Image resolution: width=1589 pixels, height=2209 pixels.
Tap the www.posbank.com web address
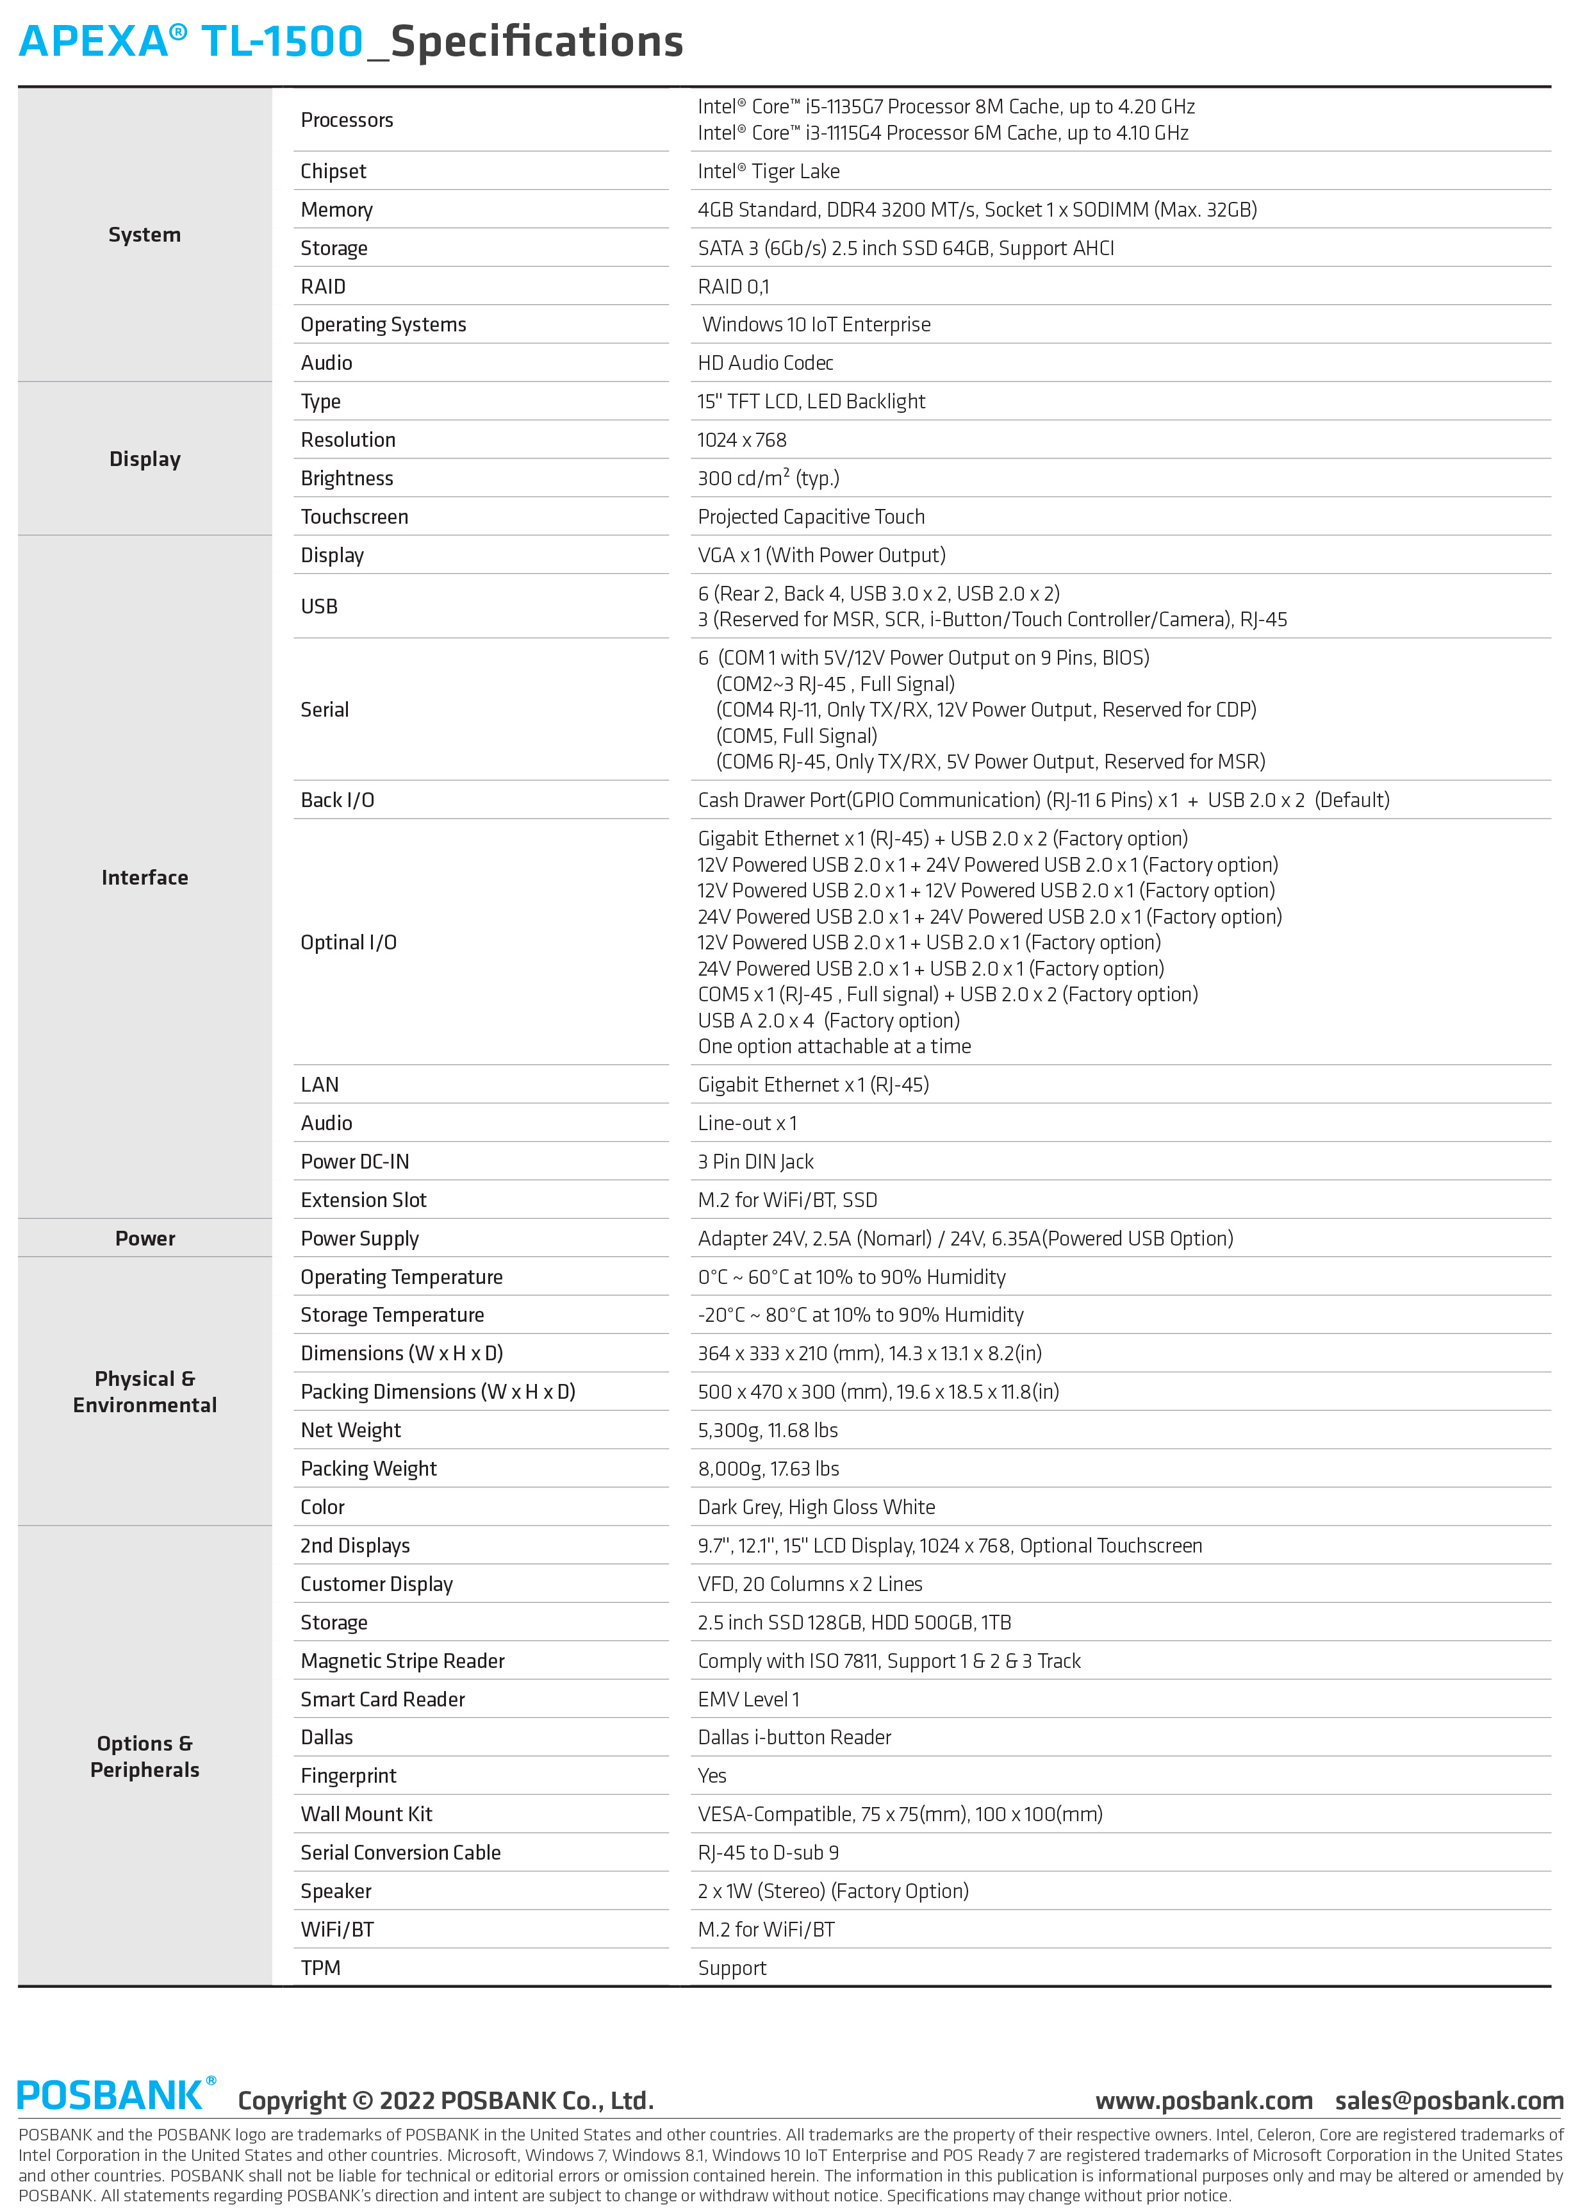1203,2100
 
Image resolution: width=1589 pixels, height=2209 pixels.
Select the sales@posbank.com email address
1449,2100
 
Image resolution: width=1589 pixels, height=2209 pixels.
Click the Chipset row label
333,171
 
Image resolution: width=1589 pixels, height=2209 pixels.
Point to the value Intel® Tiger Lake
768,171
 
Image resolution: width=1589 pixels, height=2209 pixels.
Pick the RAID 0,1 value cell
733,287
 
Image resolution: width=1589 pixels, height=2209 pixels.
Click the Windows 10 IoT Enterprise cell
816,324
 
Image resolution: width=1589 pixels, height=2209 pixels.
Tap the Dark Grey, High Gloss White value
816,1508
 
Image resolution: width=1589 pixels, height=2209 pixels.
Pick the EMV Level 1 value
749,1699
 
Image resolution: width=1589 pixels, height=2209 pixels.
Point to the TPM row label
320,1969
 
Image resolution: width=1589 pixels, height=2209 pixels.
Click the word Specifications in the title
536,42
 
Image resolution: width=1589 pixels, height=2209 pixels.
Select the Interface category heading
145,878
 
